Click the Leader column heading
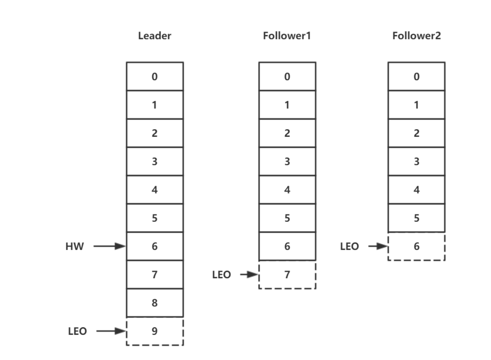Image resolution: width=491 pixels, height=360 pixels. click(x=154, y=36)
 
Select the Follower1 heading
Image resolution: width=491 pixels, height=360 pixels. click(x=287, y=36)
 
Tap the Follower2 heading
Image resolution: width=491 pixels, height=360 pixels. click(x=416, y=36)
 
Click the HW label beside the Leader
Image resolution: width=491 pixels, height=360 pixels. click(x=74, y=247)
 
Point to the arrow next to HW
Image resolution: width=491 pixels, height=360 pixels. click(x=109, y=246)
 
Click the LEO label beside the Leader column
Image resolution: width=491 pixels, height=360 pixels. click(x=77, y=331)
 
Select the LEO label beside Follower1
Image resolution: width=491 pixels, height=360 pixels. click(x=221, y=275)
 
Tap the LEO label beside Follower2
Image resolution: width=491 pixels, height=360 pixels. click(x=349, y=247)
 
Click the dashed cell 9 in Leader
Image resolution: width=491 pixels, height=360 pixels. click(x=155, y=331)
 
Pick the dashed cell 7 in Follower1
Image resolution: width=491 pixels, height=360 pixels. click(x=287, y=275)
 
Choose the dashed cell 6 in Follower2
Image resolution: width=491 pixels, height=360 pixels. click(x=416, y=247)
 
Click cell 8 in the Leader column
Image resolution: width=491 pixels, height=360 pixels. click(x=155, y=303)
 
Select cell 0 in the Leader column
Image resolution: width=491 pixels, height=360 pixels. click(x=155, y=77)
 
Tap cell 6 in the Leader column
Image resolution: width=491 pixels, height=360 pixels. click(x=155, y=246)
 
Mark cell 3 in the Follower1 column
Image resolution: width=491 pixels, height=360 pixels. click(x=287, y=162)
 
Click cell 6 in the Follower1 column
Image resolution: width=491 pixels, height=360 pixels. click(x=287, y=246)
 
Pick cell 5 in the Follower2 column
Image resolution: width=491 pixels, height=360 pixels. click(x=416, y=218)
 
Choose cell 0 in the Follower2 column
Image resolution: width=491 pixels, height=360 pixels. click(x=416, y=77)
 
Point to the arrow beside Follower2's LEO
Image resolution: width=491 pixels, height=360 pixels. click(x=378, y=246)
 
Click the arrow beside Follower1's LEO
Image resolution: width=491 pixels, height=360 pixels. click(x=249, y=274)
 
